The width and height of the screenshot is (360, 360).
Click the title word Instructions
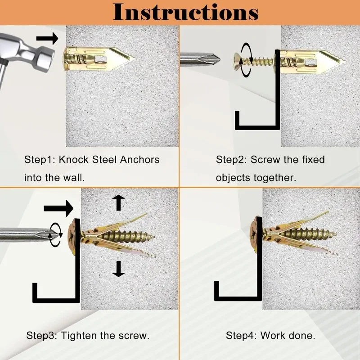click(185, 12)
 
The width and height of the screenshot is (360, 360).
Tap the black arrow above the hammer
click(47, 38)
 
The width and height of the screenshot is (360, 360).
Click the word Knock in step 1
click(73, 160)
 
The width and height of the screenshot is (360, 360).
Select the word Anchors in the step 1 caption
click(139, 160)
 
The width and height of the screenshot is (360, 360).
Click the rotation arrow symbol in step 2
click(246, 60)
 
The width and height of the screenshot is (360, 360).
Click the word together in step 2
click(275, 178)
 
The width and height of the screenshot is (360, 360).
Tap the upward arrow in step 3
click(118, 202)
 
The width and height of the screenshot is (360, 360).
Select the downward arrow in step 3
click(118, 269)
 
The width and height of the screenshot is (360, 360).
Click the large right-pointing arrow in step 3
click(58, 208)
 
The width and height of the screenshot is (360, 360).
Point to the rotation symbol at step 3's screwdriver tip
click(56, 234)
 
